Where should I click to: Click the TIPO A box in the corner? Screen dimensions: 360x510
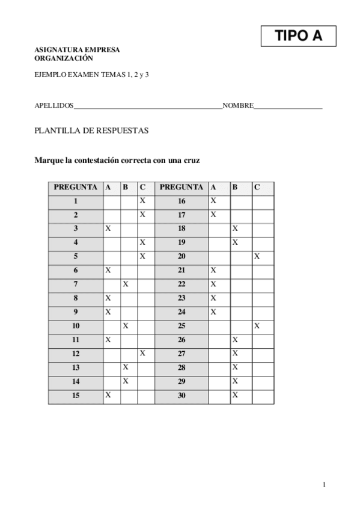[x=298, y=36]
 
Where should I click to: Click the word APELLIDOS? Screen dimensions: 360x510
[x=54, y=106]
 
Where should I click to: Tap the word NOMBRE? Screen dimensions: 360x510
[x=237, y=106]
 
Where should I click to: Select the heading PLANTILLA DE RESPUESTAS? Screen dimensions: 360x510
[x=91, y=131]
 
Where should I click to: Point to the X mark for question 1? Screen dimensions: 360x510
[x=142, y=200]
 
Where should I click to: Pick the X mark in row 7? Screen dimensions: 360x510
[x=126, y=283]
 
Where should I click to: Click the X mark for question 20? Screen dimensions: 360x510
[x=257, y=256]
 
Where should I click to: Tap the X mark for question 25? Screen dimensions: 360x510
[x=257, y=325]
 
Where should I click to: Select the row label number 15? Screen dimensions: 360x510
[x=76, y=395]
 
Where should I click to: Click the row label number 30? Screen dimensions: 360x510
[x=182, y=395]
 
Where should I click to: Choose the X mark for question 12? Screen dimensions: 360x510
[x=142, y=353]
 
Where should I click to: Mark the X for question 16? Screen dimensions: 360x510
[x=213, y=200]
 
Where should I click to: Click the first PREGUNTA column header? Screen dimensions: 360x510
[x=76, y=187]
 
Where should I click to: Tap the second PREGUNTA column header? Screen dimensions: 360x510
[x=182, y=187]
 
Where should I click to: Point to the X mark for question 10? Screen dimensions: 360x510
[x=126, y=325]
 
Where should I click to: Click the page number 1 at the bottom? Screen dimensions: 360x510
[x=324, y=485]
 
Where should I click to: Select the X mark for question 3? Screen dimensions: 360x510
[x=108, y=229]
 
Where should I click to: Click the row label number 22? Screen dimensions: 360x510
[x=182, y=284]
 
